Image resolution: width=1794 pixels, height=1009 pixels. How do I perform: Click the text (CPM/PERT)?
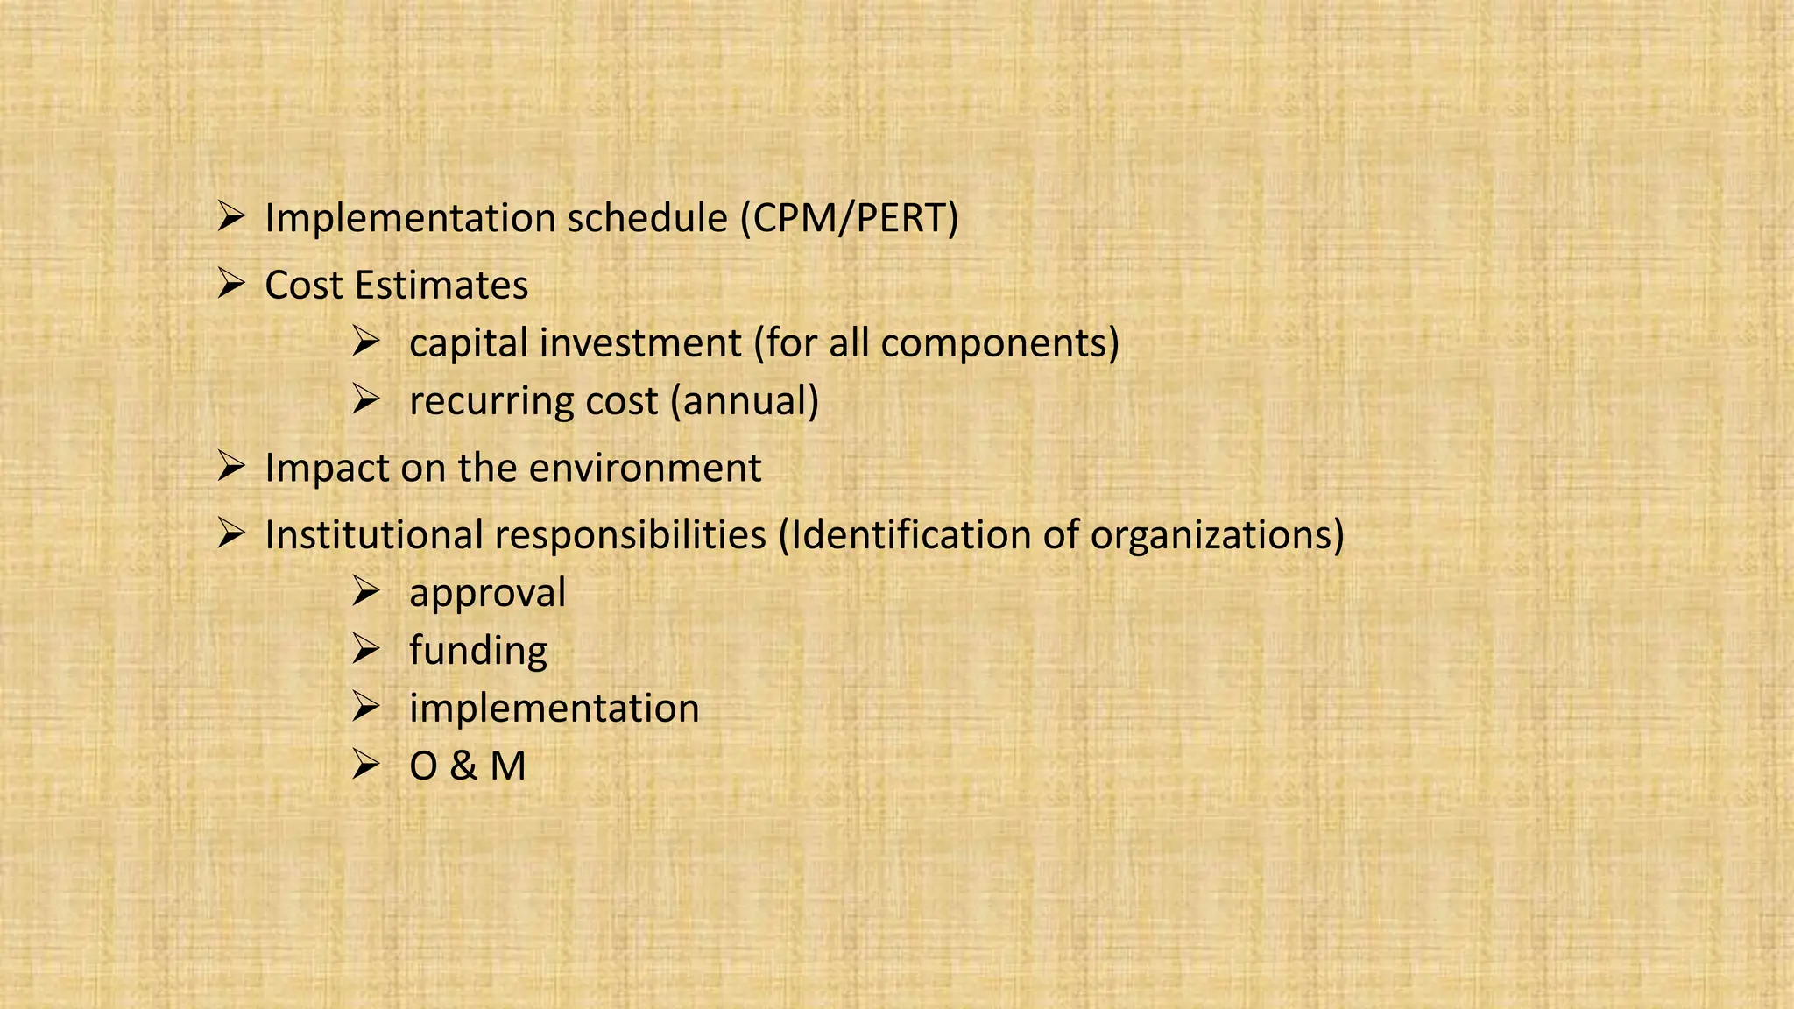pos(849,218)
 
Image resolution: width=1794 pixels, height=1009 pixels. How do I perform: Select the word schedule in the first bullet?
pos(646,218)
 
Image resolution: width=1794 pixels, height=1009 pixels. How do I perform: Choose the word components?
pos(999,343)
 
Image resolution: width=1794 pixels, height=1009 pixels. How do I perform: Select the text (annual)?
pos(745,401)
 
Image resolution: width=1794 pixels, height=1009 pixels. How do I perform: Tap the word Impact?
pos(327,468)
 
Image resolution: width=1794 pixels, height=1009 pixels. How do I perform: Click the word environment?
pos(645,468)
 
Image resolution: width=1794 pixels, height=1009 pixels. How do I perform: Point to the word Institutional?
pos(374,535)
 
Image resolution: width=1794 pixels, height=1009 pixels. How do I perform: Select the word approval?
pos(487,593)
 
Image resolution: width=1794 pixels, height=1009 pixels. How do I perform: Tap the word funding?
pos(477,651)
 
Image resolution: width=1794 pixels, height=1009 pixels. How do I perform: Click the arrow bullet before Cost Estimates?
pos(230,284)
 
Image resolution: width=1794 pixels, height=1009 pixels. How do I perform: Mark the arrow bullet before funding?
pos(364,650)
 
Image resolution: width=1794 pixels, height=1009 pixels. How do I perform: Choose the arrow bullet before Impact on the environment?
pos(230,466)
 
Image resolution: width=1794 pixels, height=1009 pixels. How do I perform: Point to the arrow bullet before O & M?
pos(364,766)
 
